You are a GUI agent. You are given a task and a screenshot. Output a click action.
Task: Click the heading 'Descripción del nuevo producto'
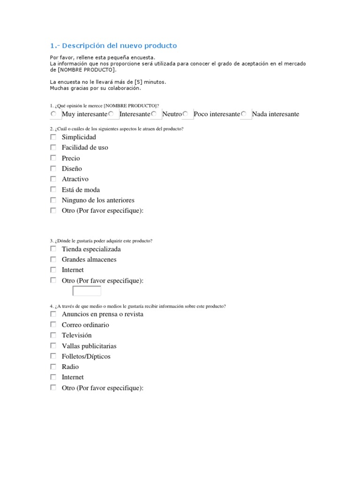click(x=113, y=45)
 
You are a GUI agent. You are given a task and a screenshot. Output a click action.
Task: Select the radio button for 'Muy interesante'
click(x=53, y=114)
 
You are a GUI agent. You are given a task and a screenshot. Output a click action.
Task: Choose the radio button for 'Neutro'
click(x=154, y=114)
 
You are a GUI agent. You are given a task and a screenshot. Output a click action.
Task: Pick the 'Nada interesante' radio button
click(x=243, y=114)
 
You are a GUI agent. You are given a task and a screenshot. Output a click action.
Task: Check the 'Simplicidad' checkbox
click(x=53, y=137)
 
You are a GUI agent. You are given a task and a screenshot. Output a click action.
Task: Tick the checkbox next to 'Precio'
click(x=53, y=158)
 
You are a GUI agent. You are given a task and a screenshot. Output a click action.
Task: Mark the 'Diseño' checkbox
click(x=53, y=168)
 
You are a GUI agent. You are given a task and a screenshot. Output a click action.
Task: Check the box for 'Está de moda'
click(x=53, y=189)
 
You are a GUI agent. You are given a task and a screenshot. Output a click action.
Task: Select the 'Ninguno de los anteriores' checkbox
click(x=53, y=200)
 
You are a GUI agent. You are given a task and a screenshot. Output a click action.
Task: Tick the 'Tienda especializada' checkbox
click(x=53, y=249)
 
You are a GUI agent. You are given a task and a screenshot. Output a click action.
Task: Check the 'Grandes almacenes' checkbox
click(x=53, y=259)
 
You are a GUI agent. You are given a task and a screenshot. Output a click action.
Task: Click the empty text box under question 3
click(x=87, y=291)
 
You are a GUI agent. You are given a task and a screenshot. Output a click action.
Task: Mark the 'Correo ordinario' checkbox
click(x=53, y=324)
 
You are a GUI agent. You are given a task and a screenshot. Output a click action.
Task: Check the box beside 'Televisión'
click(x=53, y=335)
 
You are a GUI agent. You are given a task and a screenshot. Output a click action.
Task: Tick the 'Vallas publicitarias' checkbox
click(x=53, y=345)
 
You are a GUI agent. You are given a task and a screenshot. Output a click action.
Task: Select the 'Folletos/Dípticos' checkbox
click(x=53, y=356)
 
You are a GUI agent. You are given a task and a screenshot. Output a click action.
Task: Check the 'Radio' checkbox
click(x=53, y=367)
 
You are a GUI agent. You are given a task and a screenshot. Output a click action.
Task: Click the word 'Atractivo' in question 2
click(x=75, y=179)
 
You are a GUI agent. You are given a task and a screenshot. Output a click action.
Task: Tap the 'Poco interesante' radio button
click(x=185, y=114)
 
